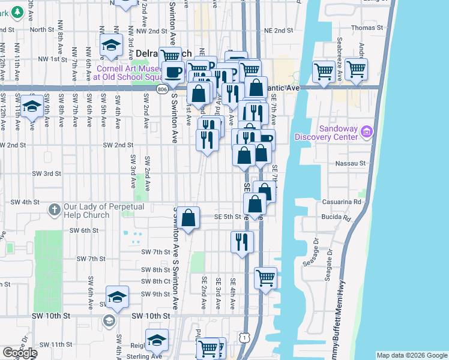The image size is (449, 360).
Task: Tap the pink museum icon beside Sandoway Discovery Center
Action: pyautogui.click(x=367, y=132)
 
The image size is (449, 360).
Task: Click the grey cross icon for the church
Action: pyautogui.click(x=54, y=210)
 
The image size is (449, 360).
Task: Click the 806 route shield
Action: pyautogui.click(x=163, y=88)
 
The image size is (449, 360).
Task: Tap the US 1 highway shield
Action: pyautogui.click(x=244, y=338)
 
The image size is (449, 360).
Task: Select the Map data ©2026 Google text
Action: pyautogui.click(x=412, y=355)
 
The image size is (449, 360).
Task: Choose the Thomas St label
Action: pyautogui.click(x=367, y=28)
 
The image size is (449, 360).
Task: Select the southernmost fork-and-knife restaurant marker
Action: pyautogui.click(x=242, y=242)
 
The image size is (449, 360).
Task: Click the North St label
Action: pyautogui.click(x=42, y=29)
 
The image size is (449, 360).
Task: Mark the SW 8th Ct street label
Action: pyautogui.click(x=156, y=281)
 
